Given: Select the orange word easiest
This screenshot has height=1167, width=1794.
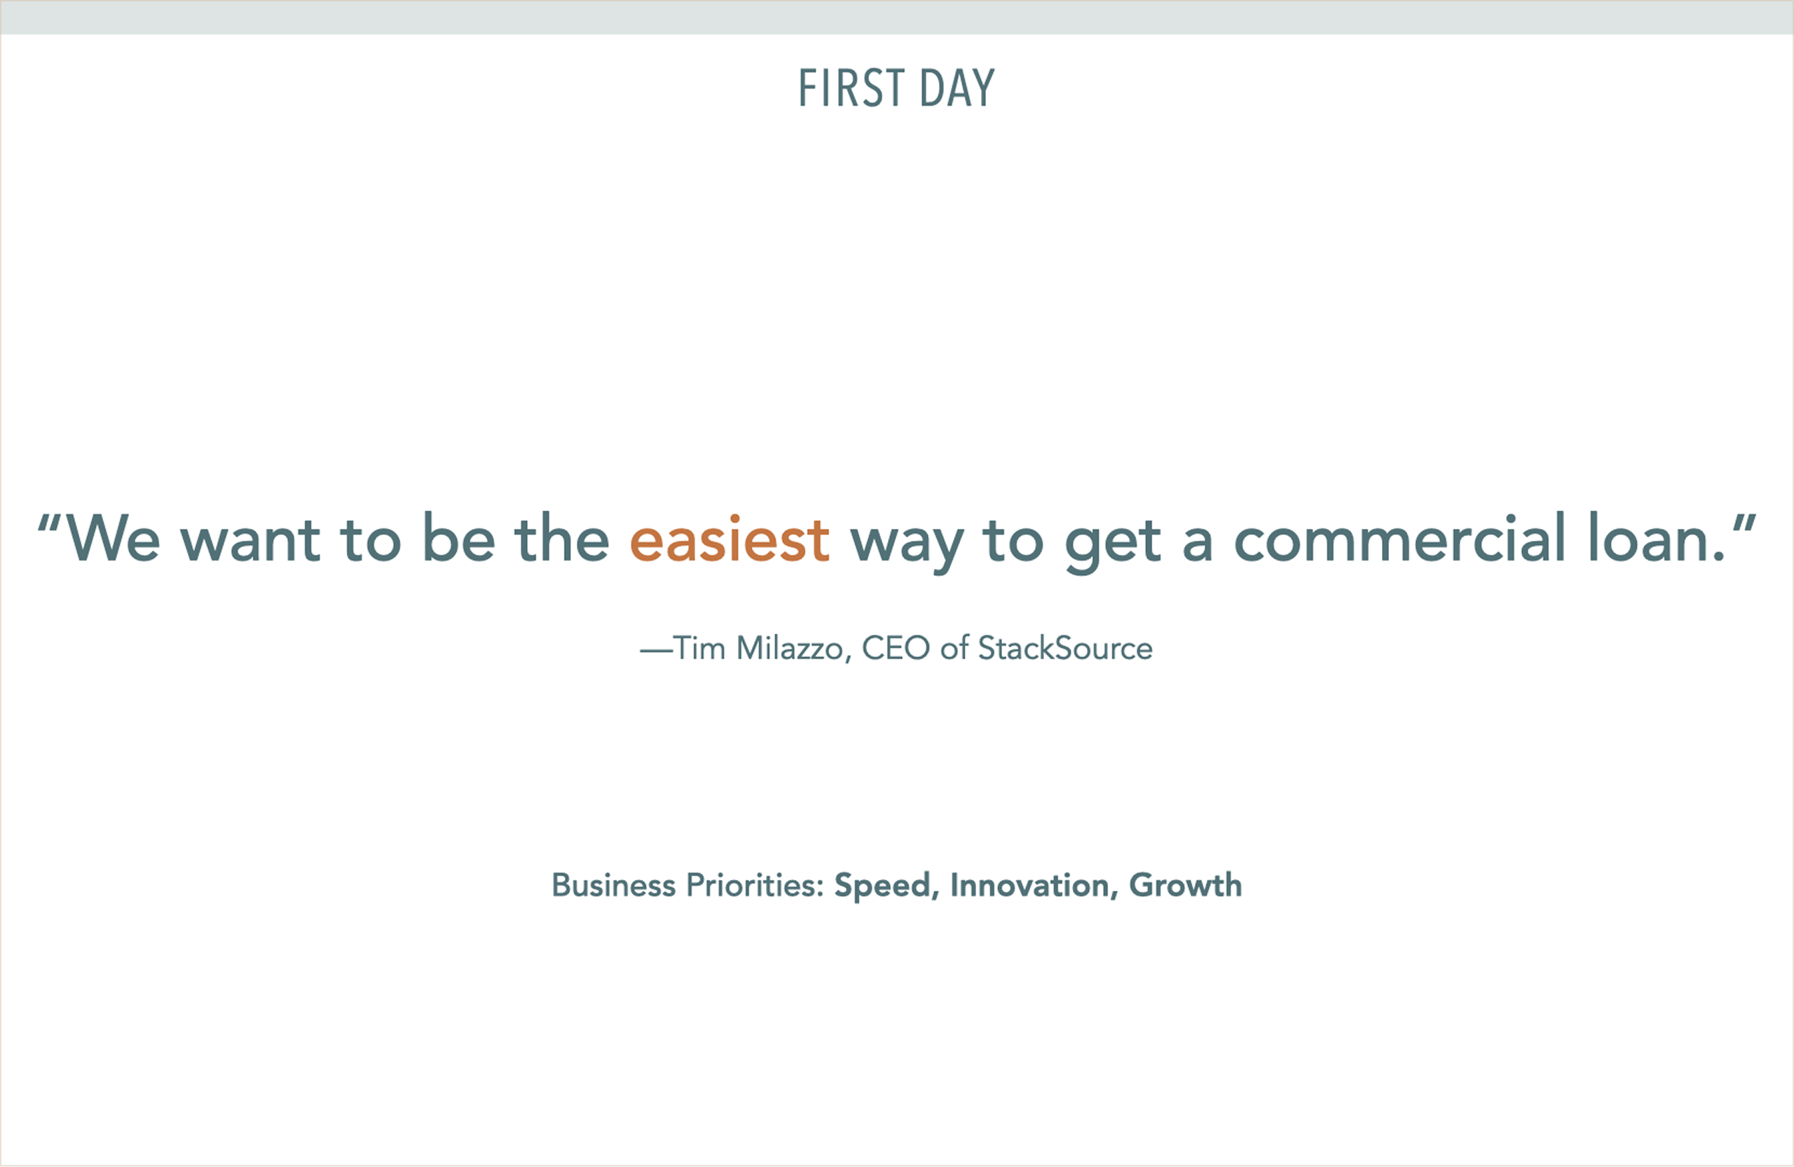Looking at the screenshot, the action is coord(730,539).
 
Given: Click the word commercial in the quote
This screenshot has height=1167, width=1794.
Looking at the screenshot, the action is coord(1399,537).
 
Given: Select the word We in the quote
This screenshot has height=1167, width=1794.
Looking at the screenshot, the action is coord(114,538).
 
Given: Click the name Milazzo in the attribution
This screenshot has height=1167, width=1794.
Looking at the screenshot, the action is coord(789,649).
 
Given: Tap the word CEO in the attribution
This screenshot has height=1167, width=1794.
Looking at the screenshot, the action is coord(896,649).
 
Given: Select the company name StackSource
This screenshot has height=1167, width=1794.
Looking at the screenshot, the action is coord(1065,648).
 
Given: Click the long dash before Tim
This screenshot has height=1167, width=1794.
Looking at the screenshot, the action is coord(656,651).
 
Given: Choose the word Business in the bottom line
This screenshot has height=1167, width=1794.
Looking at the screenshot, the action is coord(614,885).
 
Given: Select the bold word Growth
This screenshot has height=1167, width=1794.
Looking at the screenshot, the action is coord(1185,885).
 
